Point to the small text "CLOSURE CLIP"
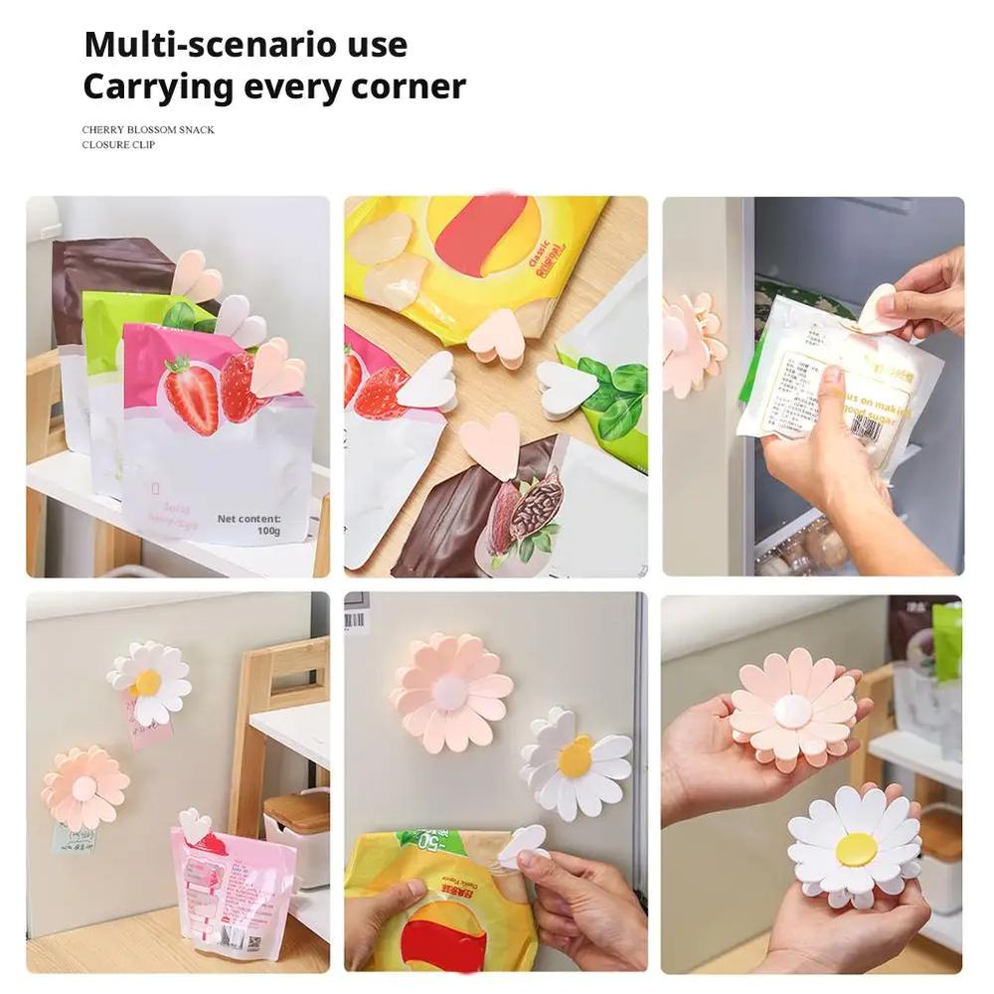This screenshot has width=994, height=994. click(118, 145)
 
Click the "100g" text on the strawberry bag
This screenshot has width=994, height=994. click(267, 531)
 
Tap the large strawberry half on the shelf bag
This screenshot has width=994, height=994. click(191, 395)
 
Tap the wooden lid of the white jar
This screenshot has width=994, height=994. click(297, 810)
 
